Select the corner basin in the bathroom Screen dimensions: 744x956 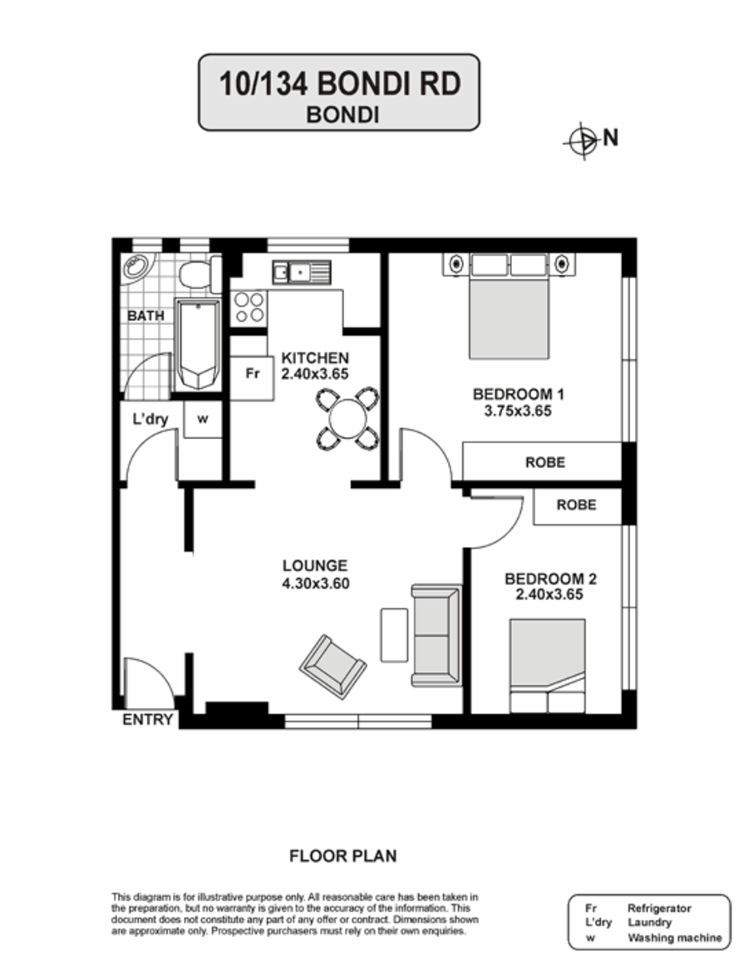click(136, 267)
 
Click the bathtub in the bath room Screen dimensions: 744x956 click(198, 344)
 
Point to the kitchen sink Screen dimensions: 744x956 click(301, 272)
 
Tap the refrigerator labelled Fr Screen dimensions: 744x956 click(252, 378)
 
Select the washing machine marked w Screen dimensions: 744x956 click(203, 419)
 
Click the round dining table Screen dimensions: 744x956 click(347, 418)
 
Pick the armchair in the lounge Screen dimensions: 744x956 click(333, 667)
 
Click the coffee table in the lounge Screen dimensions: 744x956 click(394, 634)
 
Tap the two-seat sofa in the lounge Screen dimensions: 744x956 click(436, 635)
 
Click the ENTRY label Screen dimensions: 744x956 click(148, 720)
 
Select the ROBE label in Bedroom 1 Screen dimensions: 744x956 click(545, 462)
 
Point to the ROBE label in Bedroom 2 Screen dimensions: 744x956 click(576, 505)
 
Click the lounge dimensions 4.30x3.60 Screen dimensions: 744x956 click(315, 584)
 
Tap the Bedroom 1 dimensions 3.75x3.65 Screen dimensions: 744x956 click(518, 411)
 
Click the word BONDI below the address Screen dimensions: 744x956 click(342, 115)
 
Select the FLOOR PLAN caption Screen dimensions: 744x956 click(342, 856)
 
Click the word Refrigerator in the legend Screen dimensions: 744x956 click(659, 909)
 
